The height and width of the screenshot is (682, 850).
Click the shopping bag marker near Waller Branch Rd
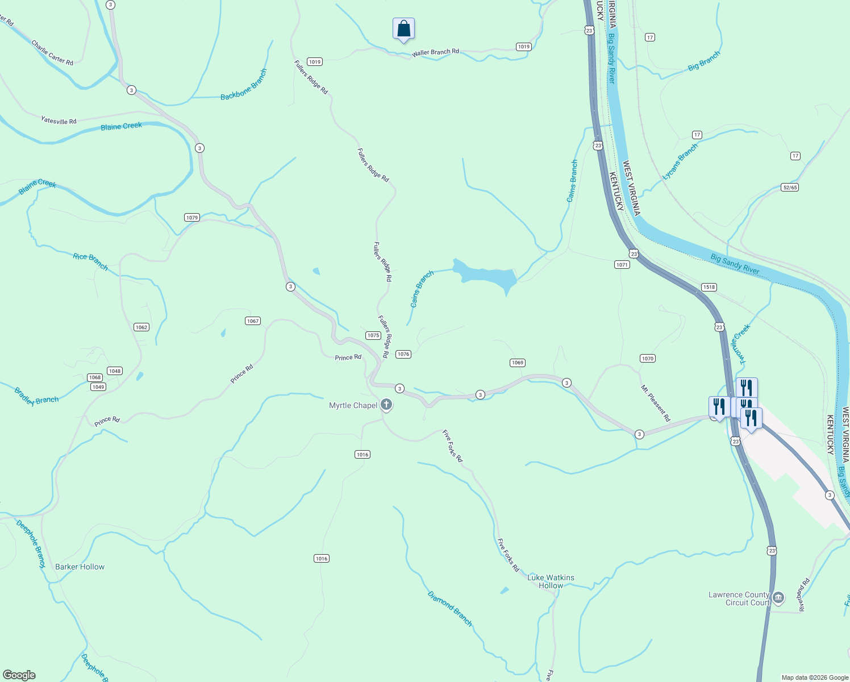[403, 28]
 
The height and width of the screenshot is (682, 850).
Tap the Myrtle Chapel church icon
[386, 405]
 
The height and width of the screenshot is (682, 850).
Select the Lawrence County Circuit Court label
[739, 598]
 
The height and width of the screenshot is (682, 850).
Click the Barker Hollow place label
[80, 567]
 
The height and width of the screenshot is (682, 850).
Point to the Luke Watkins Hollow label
[551, 581]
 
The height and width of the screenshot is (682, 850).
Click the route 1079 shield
[192, 218]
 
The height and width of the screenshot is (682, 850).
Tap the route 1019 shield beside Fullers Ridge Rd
[314, 61]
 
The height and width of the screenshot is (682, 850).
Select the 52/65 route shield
[790, 187]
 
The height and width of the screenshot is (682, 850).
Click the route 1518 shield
[709, 287]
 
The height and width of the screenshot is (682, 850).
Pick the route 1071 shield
[622, 264]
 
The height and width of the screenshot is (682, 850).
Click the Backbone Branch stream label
[244, 85]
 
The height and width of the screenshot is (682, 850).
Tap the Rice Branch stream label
[90, 261]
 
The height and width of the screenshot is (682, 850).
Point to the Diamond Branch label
[449, 609]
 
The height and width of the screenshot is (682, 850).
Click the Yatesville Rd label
[59, 120]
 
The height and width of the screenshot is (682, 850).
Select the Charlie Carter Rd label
[52, 52]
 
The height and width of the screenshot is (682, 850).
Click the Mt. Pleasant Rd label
[655, 404]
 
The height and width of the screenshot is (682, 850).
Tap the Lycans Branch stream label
[680, 162]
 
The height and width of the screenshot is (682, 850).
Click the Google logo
[19, 675]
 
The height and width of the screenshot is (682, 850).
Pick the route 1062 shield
[141, 327]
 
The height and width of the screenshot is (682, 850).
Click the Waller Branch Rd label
[436, 52]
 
